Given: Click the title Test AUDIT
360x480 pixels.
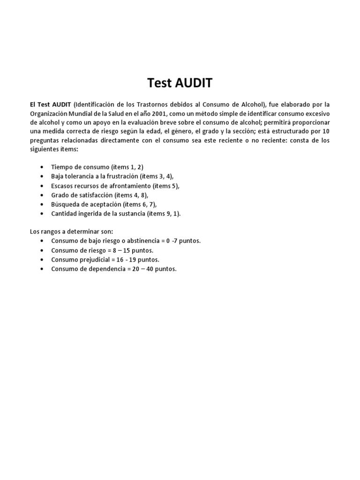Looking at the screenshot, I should [x=180, y=83].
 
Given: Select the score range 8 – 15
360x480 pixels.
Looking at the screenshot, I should [x=121, y=250].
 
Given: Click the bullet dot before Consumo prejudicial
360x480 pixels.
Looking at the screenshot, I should [x=43, y=260].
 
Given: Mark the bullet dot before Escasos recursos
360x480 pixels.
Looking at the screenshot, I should [x=43, y=186].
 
